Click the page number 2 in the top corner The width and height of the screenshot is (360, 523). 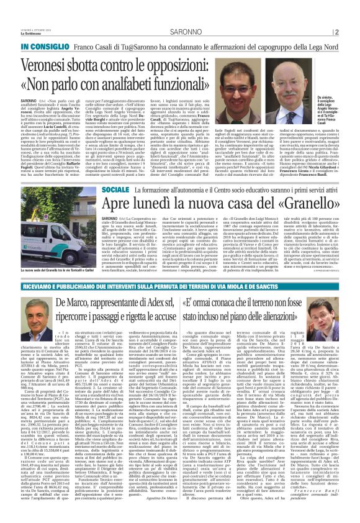[353, 15]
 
